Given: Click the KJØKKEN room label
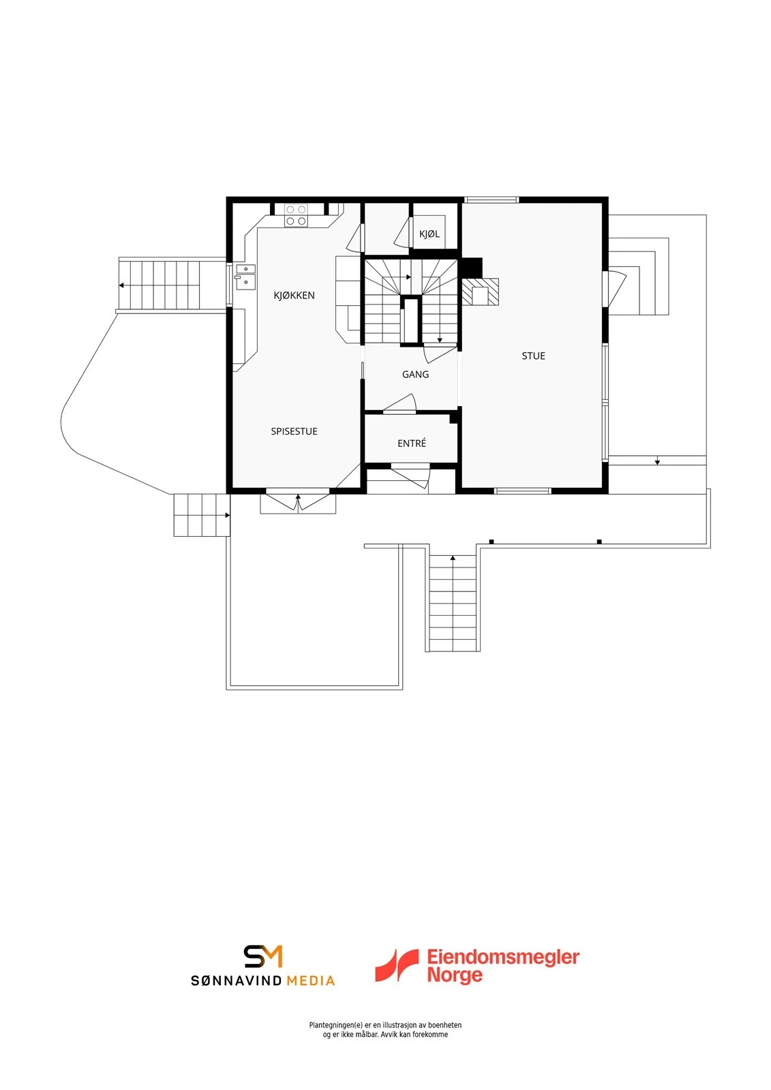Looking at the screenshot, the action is tap(294, 296).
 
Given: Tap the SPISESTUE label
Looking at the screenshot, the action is tap(294, 431).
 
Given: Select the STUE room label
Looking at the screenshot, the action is tap(533, 356).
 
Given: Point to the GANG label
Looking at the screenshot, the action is tap(415, 374).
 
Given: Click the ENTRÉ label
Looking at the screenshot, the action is tap(412, 443).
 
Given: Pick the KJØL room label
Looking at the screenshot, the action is tap(429, 234).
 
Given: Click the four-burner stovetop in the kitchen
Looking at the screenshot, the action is tap(296, 215).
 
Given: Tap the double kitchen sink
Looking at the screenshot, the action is tap(246, 276).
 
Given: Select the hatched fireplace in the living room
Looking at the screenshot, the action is tap(480, 292).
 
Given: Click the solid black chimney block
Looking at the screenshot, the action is tap(472, 267).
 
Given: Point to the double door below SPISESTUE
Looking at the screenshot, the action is tap(298, 502).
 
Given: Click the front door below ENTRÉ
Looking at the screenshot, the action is tap(410, 478).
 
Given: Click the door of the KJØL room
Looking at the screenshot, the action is tap(402, 232).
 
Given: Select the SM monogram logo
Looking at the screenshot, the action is tap(263, 956).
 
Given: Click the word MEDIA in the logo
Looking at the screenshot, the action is tap(310, 980).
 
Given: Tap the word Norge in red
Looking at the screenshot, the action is tap(455, 975).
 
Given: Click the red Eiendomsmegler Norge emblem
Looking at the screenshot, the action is tap(397, 965).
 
